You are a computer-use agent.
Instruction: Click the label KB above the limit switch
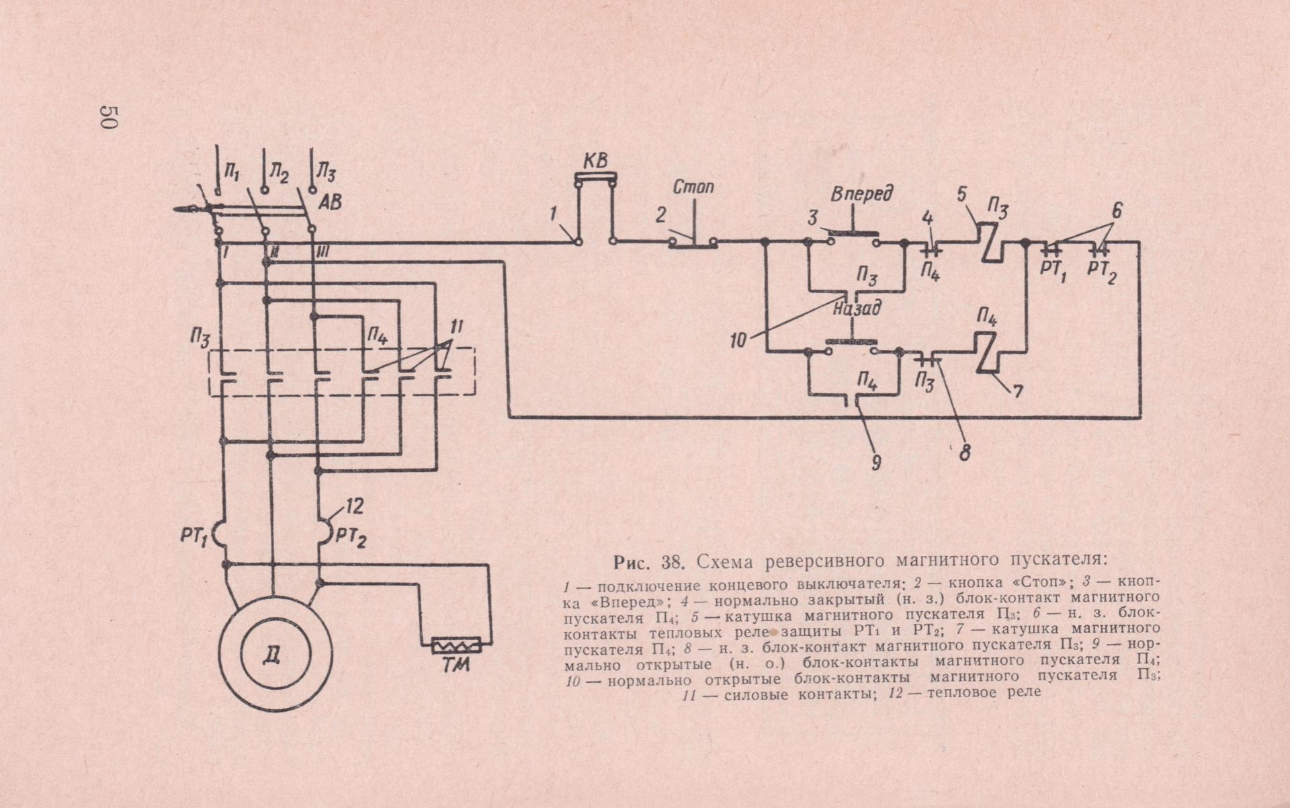tap(595, 161)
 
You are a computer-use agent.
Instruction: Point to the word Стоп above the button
tap(693, 186)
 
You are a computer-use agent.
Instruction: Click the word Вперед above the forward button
tap(862, 194)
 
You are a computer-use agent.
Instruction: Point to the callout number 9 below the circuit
tap(875, 462)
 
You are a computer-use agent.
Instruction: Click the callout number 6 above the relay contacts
tap(1116, 210)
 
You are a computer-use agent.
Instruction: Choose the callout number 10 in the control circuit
tap(738, 341)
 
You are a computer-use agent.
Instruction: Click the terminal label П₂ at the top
tap(279, 175)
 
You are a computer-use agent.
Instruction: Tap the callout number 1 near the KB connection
tap(553, 214)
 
